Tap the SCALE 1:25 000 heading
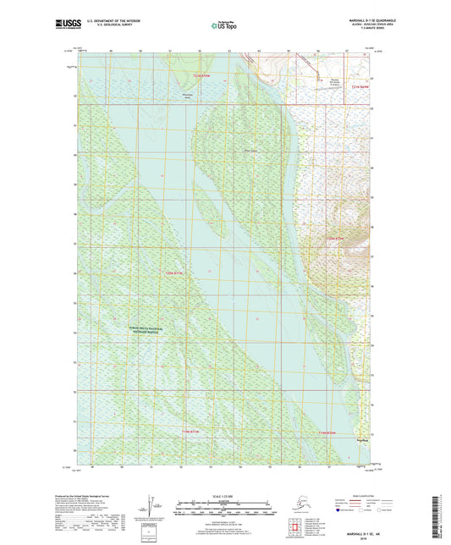(225, 495)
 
